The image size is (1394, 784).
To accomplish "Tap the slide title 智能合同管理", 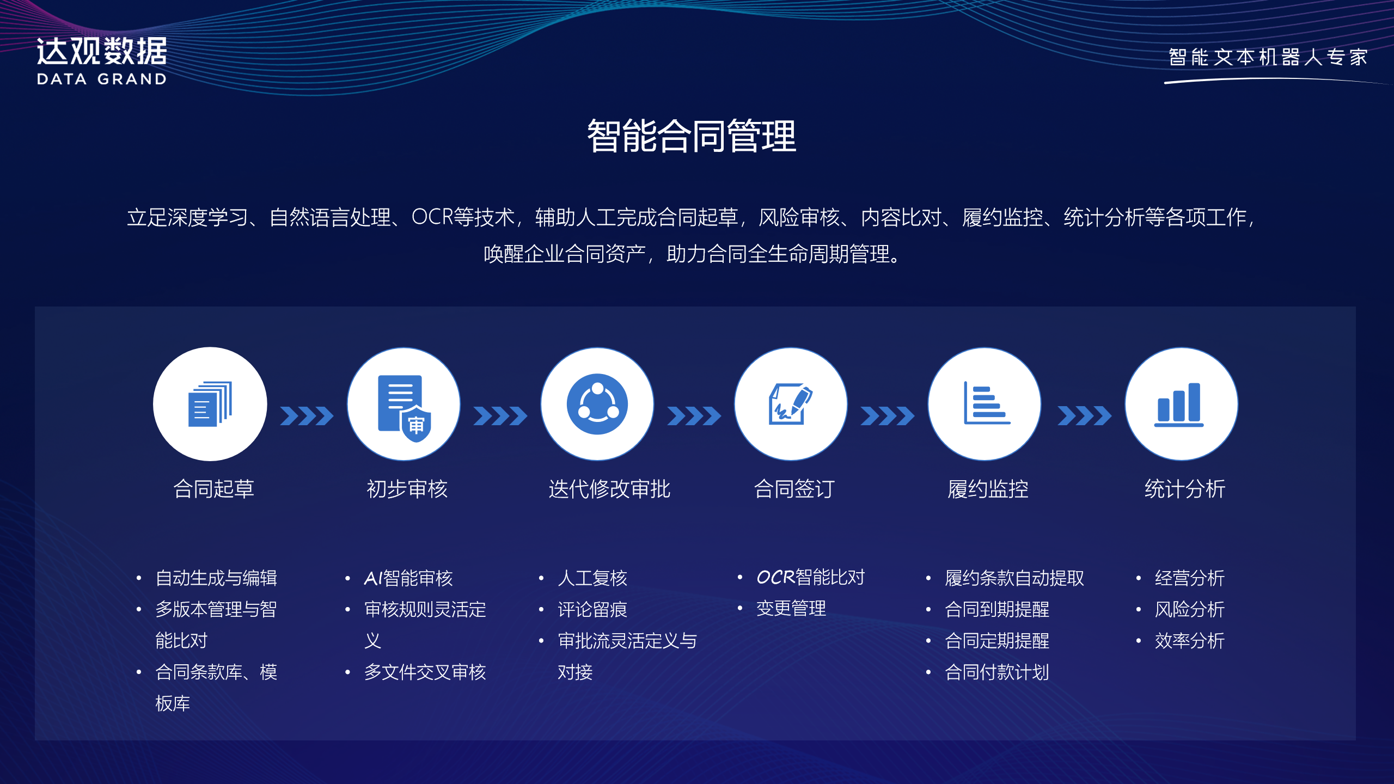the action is coord(692,136).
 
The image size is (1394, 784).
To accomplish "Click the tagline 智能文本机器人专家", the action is coord(1268,57).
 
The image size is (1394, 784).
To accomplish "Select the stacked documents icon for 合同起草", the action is coord(210,404).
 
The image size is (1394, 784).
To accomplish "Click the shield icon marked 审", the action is coord(417,424).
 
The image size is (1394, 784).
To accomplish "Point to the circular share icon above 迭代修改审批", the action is coord(597,404).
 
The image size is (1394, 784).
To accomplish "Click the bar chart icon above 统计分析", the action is coord(1179,405).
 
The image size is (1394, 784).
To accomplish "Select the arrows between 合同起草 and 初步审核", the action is coord(307,416).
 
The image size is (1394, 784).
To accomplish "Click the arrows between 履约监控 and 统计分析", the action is coord(1084,416).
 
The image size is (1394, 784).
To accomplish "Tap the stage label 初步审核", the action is coord(407,489).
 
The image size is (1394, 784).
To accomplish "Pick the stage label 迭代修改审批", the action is coord(609,489).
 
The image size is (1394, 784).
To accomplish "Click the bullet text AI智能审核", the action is coord(408,578).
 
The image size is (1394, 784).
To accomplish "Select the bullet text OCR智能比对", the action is coord(811,577).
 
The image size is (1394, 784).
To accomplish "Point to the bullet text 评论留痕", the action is coord(592,610).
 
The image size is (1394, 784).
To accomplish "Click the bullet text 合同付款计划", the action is coord(997,672).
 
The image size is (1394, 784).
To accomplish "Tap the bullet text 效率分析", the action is coord(1189,641).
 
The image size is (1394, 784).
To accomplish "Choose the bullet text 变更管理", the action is coord(791,609).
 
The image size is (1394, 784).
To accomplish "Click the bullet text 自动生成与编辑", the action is coord(216,578).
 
